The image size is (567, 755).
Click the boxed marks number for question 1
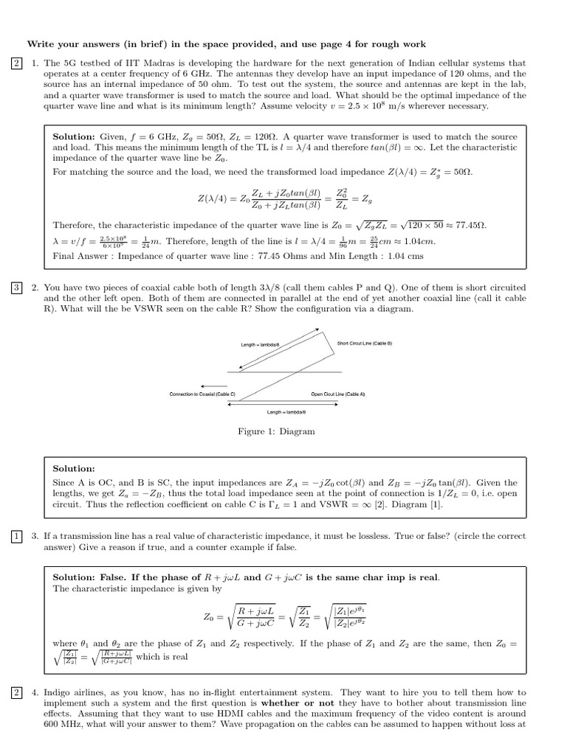[16, 63]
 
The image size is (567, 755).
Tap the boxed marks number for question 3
[16, 536]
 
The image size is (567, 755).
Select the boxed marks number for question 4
[16, 692]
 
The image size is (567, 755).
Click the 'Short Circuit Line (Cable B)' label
[365, 344]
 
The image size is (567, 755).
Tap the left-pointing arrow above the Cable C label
[213, 385]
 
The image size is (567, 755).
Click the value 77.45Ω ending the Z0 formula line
[470, 225]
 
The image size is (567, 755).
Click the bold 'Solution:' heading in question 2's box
[74, 468]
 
